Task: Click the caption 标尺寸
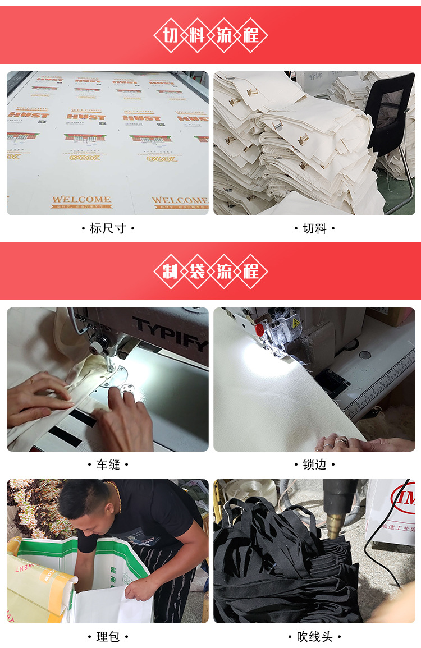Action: coord(107,228)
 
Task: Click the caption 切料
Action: coord(314,228)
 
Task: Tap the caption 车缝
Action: coord(107,465)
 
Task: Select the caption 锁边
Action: coord(314,465)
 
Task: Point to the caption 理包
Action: coord(107,637)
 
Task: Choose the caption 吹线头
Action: coord(314,637)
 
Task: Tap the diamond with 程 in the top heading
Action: coord(251,35)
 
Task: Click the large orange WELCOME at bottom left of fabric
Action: coord(81,199)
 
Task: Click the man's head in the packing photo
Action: coord(84,502)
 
